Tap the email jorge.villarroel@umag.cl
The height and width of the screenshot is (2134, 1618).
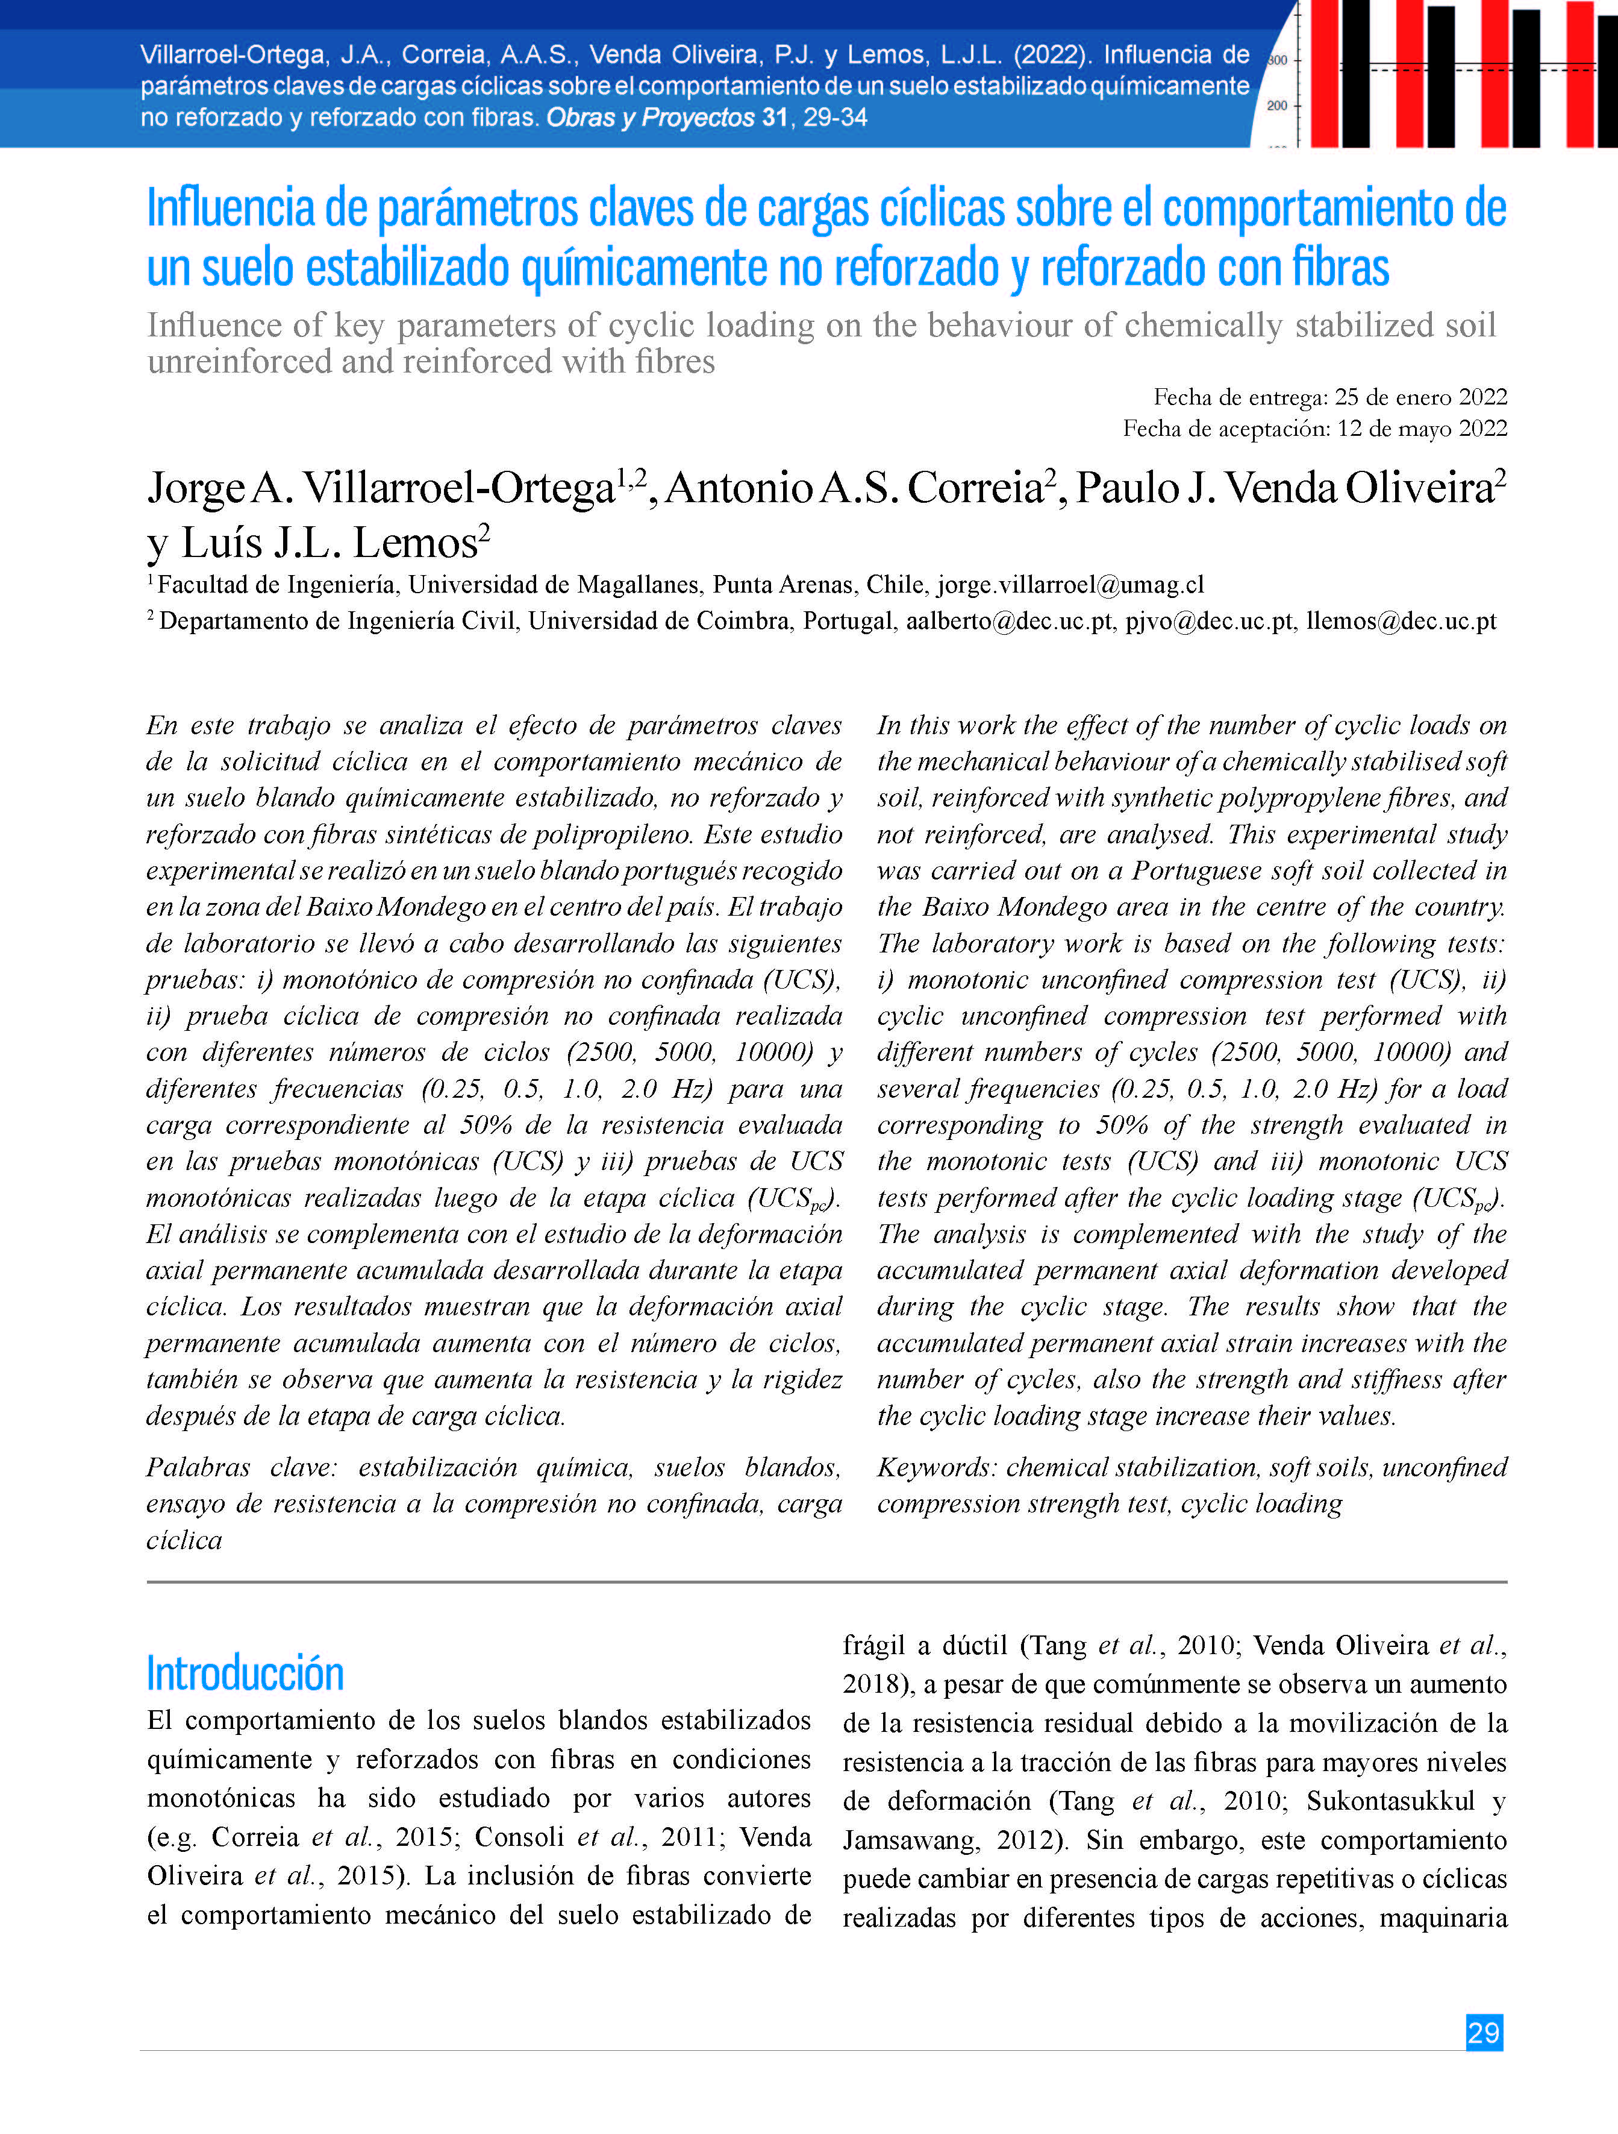(1070, 585)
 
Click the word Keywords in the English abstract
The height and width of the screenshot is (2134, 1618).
(937, 1467)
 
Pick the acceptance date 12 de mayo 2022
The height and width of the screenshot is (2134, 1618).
(1423, 429)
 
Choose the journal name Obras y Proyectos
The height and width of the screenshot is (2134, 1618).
(651, 118)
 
